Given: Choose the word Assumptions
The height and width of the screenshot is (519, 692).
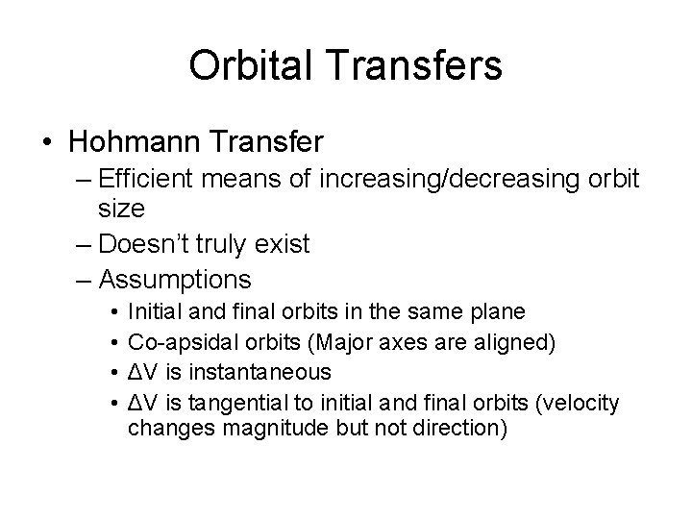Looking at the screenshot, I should click(175, 281).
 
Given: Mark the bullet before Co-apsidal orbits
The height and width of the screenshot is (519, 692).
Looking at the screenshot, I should click(113, 341).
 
